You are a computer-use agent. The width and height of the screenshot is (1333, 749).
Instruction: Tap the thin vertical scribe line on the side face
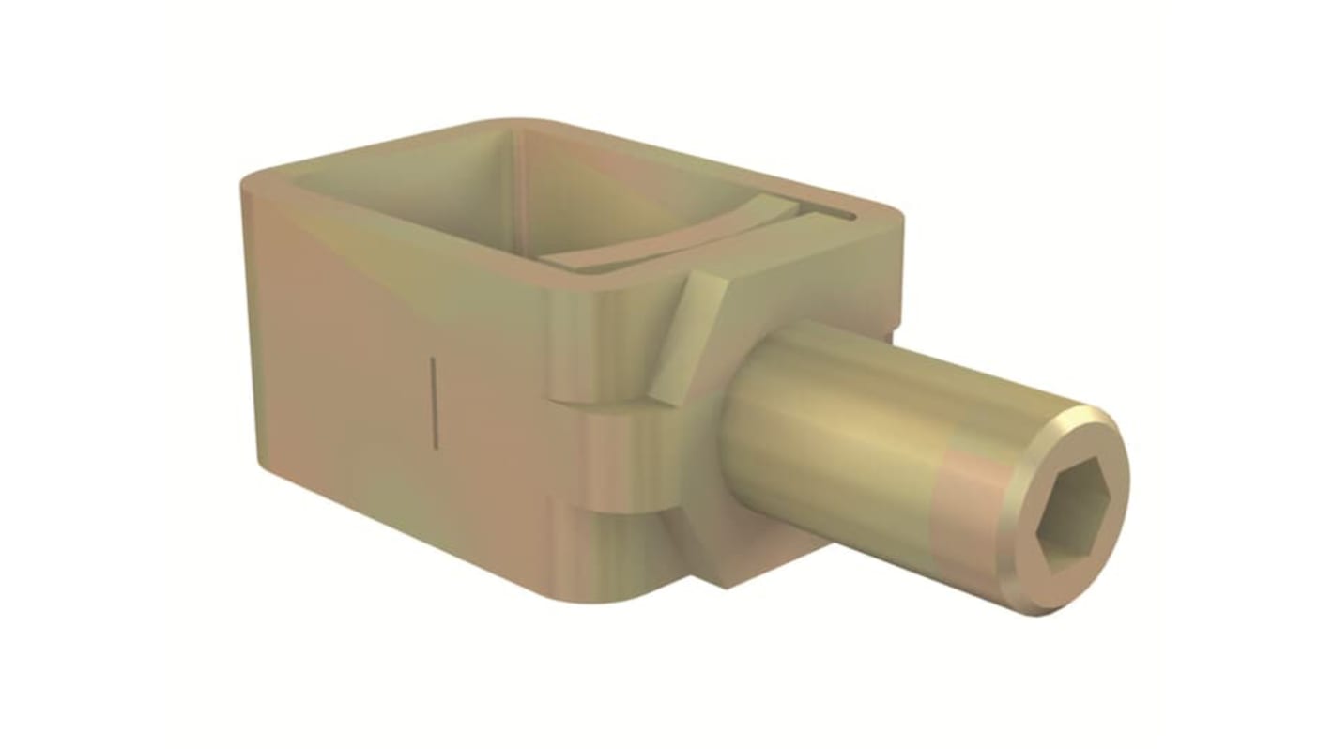click(x=433, y=398)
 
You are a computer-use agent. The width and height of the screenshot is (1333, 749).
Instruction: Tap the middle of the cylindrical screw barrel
click(x=845, y=432)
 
